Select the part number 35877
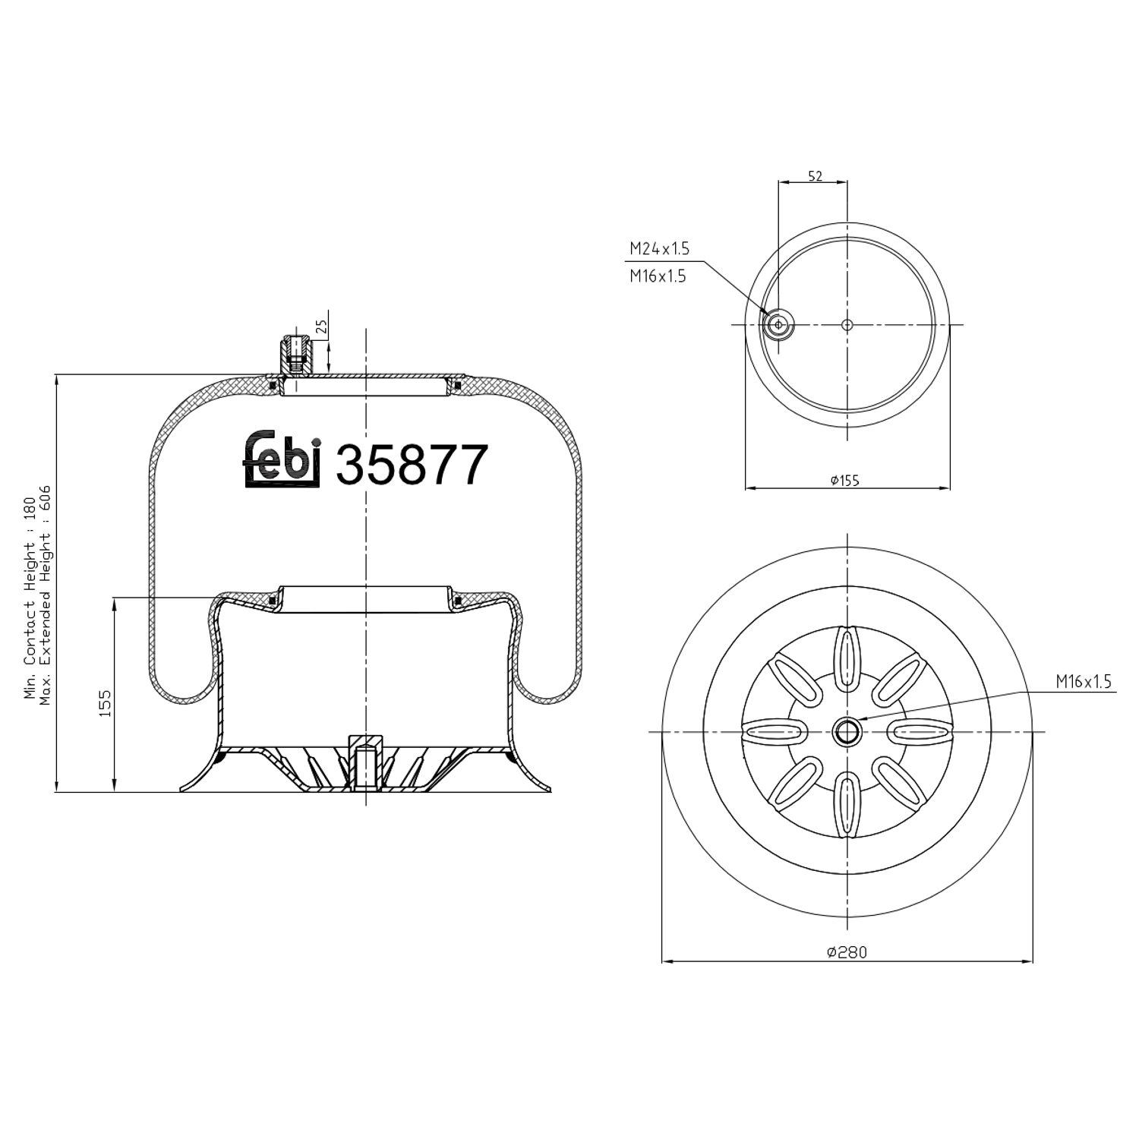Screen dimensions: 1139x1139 pyautogui.click(x=411, y=465)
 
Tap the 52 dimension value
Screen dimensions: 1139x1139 pyautogui.click(x=814, y=176)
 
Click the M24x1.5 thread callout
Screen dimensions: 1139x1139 pyautogui.click(x=658, y=248)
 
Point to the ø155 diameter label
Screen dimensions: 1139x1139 pyautogui.click(x=844, y=480)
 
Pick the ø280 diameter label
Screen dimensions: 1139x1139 pyautogui.click(x=846, y=952)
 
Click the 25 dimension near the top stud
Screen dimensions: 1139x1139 pyautogui.click(x=321, y=327)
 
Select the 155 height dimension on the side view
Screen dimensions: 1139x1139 pyautogui.click(x=106, y=702)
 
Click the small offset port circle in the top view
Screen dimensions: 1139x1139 pyautogui.click(x=778, y=325)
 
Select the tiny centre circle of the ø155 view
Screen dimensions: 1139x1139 pyautogui.click(x=847, y=325)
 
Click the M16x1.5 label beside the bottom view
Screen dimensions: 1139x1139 pyautogui.click(x=1083, y=682)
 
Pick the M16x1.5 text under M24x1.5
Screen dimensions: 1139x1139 pyautogui.click(x=657, y=276)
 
